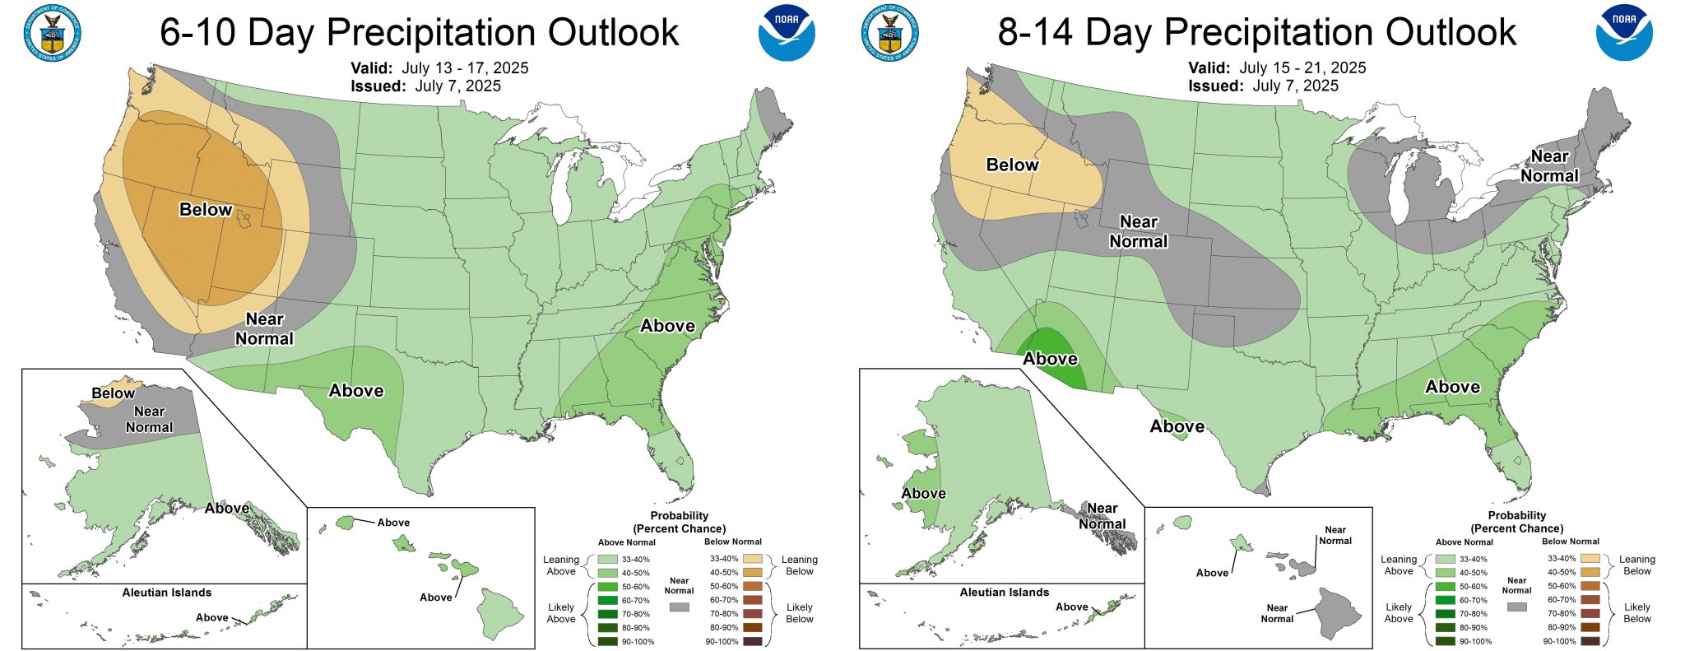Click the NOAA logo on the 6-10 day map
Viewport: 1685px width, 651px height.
[x=786, y=33]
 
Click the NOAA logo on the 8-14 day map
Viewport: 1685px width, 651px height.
[x=1623, y=33]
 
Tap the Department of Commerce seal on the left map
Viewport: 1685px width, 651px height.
[x=53, y=35]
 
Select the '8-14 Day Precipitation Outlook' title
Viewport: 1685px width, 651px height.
[x=1256, y=33]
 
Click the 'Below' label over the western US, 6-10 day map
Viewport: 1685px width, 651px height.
[x=206, y=210]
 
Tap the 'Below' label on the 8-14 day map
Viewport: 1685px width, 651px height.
[x=1012, y=165]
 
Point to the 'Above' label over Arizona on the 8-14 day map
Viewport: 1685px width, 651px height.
[x=1050, y=359]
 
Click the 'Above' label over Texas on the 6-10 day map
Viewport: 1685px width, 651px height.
[x=356, y=391]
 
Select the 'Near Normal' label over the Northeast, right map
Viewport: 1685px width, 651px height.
[x=1549, y=166]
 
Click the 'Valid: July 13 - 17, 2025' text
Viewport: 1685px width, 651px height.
[x=439, y=68]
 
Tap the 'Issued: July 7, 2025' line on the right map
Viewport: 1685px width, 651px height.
[x=1263, y=86]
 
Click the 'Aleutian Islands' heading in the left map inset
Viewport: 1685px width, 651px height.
[x=167, y=593]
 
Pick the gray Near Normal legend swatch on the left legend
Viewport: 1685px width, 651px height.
[x=679, y=607]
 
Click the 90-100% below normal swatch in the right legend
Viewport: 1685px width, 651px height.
[x=1590, y=641]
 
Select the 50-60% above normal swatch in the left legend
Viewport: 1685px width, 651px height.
[x=607, y=587]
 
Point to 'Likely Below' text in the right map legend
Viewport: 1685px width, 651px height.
[x=1636, y=612]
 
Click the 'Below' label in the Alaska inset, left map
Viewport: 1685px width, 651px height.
[x=113, y=393]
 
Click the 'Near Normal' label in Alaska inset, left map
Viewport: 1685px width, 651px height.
[x=149, y=419]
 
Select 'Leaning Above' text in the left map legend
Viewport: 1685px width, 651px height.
[x=561, y=565]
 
